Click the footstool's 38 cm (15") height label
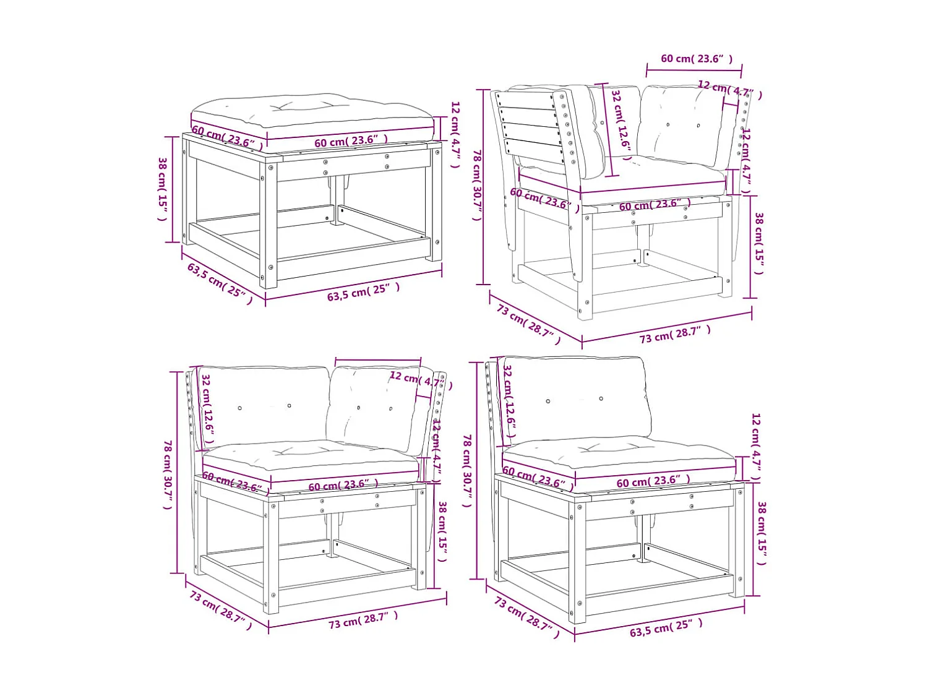(163, 189)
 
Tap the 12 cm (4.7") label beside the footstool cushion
(455, 134)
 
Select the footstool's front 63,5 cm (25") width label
(363, 291)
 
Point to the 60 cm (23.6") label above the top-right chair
(697, 59)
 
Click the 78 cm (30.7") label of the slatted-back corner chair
(477, 184)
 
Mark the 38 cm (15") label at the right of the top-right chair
(759, 243)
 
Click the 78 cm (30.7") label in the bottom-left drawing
(168, 475)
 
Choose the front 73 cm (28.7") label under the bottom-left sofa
(363, 619)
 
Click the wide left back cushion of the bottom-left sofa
(263, 405)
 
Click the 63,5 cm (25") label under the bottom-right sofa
(666, 628)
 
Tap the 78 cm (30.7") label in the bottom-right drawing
(467, 470)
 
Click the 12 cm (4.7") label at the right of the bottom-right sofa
(755, 447)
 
